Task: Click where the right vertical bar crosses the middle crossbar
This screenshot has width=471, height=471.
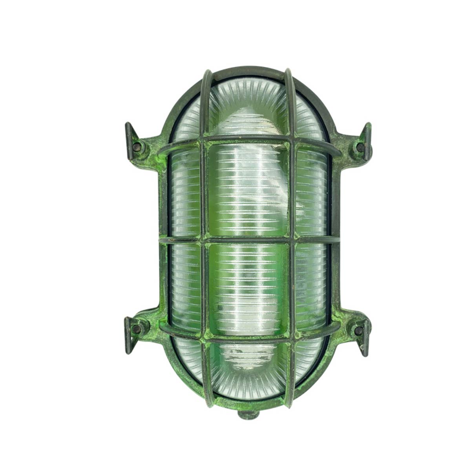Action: pyautogui.click(x=292, y=239)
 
